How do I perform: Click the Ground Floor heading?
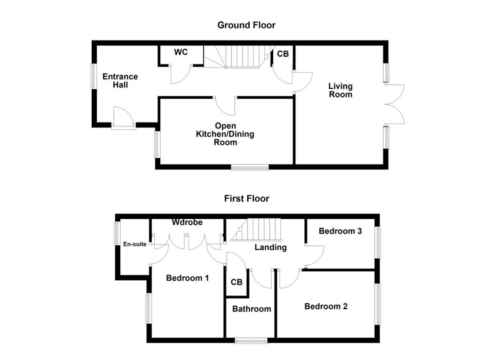(x=246, y=25)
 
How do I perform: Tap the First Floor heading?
(x=247, y=198)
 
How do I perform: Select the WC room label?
(x=181, y=52)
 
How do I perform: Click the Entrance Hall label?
(x=120, y=81)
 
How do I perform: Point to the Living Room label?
(x=340, y=90)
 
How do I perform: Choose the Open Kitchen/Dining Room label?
(x=225, y=134)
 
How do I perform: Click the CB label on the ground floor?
(x=283, y=54)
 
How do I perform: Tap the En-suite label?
(x=135, y=244)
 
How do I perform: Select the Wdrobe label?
(x=187, y=222)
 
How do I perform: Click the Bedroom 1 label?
(x=188, y=278)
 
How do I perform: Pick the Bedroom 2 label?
(x=326, y=306)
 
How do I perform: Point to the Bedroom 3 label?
(x=340, y=231)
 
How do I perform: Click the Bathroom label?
(x=252, y=309)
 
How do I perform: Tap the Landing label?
(x=271, y=247)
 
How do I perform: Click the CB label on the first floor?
(x=236, y=282)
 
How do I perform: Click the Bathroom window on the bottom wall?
(x=251, y=341)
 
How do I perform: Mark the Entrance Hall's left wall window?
(x=94, y=76)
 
